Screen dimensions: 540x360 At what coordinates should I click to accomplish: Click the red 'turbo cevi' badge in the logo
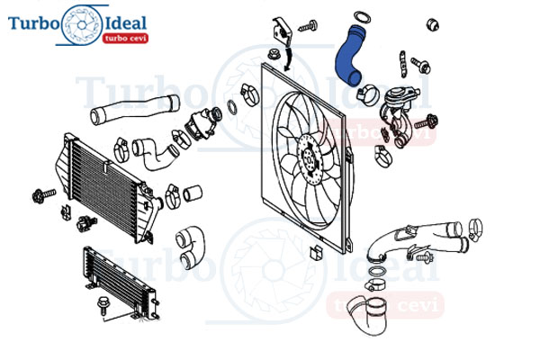click(125, 38)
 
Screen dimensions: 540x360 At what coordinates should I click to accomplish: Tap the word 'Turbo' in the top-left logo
click(34, 23)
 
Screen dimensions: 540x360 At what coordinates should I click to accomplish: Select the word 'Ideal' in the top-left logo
click(125, 23)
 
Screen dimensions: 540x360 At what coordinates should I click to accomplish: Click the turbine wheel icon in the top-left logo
click(82, 25)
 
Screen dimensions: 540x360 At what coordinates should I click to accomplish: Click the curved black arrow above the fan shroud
click(289, 58)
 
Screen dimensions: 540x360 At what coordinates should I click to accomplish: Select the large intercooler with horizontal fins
click(107, 188)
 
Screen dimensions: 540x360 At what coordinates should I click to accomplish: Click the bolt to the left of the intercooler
click(43, 195)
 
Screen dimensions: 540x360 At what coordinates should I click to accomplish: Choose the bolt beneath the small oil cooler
click(103, 305)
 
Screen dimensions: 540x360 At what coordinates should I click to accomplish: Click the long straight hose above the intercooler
click(134, 109)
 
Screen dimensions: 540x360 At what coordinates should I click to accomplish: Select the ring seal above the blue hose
click(362, 17)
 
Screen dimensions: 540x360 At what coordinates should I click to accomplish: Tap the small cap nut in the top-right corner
click(433, 25)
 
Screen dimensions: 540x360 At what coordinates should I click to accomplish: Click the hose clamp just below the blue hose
click(368, 94)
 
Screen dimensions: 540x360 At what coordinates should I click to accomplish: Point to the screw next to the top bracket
click(308, 26)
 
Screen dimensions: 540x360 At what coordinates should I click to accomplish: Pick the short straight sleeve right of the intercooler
click(193, 193)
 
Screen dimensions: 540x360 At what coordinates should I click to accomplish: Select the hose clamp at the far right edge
click(475, 229)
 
